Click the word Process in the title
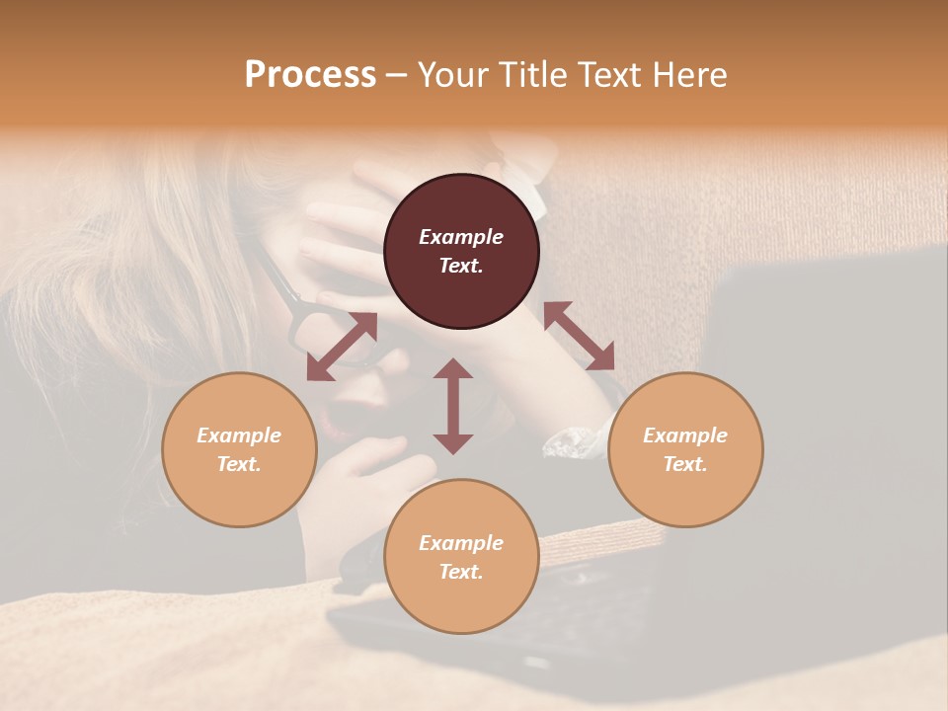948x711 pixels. click(x=310, y=75)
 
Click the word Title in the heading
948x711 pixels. click(x=531, y=75)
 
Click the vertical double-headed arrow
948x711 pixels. click(x=453, y=406)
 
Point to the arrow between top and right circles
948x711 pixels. click(x=579, y=336)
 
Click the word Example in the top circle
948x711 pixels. click(x=461, y=237)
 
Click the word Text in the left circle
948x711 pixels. click(x=239, y=464)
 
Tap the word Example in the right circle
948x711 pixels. click(x=685, y=435)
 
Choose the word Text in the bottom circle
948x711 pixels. click(x=461, y=572)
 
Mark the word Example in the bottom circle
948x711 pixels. click(x=461, y=543)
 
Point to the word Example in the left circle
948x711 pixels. click(x=239, y=435)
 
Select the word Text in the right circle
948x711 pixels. click(x=685, y=464)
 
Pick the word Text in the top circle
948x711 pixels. click(x=461, y=266)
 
